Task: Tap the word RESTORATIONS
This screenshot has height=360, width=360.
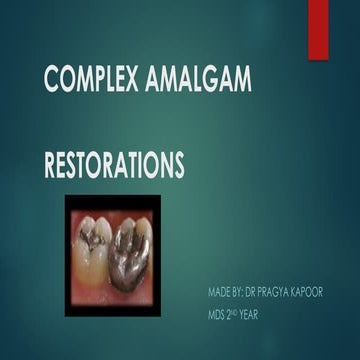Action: point(114,165)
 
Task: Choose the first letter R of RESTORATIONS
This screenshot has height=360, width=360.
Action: point(52,165)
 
